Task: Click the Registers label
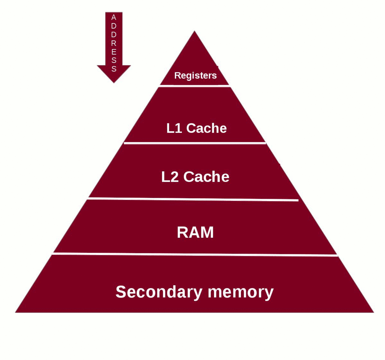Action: point(195,76)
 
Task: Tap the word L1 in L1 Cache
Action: point(174,128)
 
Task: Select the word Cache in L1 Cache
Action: point(206,128)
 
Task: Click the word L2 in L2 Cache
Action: point(170,177)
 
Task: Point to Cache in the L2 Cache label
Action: point(206,177)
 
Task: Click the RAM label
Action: point(195,232)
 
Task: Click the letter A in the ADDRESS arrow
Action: point(114,17)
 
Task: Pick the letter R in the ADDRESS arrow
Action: point(114,43)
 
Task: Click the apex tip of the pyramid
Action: point(194,32)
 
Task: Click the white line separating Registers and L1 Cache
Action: point(194,86)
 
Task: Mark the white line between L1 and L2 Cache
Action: point(195,143)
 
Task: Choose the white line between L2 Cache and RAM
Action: point(193,199)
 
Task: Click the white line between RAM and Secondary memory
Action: point(195,255)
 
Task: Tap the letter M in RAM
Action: point(207,232)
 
